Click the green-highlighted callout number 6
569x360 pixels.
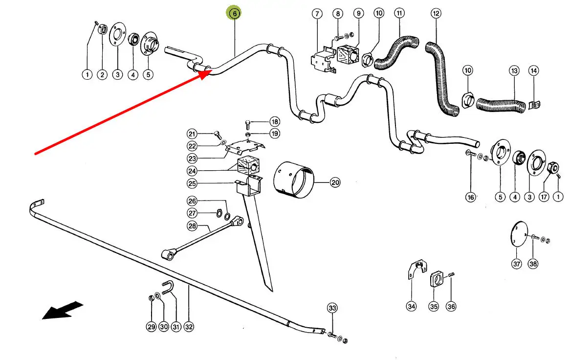tap(234, 14)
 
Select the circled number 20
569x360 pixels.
tap(335, 183)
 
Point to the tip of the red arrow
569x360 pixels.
tap(211, 71)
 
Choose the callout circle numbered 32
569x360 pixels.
tap(189, 327)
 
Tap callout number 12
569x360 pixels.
tap(436, 13)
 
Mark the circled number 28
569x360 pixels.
tap(192, 226)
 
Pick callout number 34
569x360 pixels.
tap(412, 307)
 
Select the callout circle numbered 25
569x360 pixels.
tap(192, 184)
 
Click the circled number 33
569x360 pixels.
tap(332, 308)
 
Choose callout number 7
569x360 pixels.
tap(316, 13)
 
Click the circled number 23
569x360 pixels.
tap(192, 158)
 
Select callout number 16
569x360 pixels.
tap(471, 197)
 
